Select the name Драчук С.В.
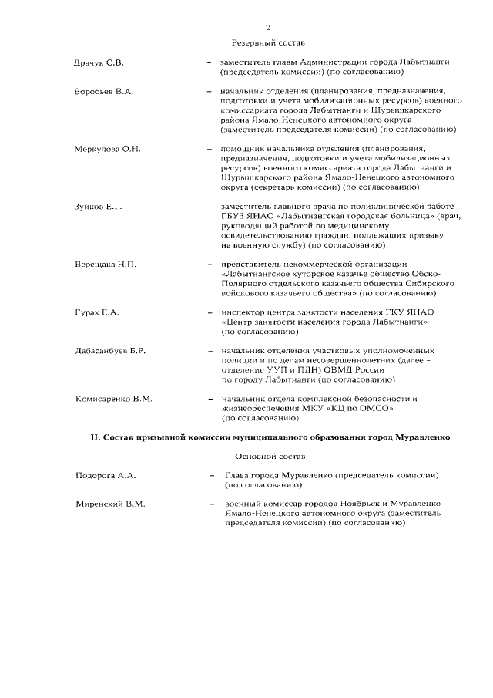[x=99, y=61]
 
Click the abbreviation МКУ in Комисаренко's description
[x=350, y=408]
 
